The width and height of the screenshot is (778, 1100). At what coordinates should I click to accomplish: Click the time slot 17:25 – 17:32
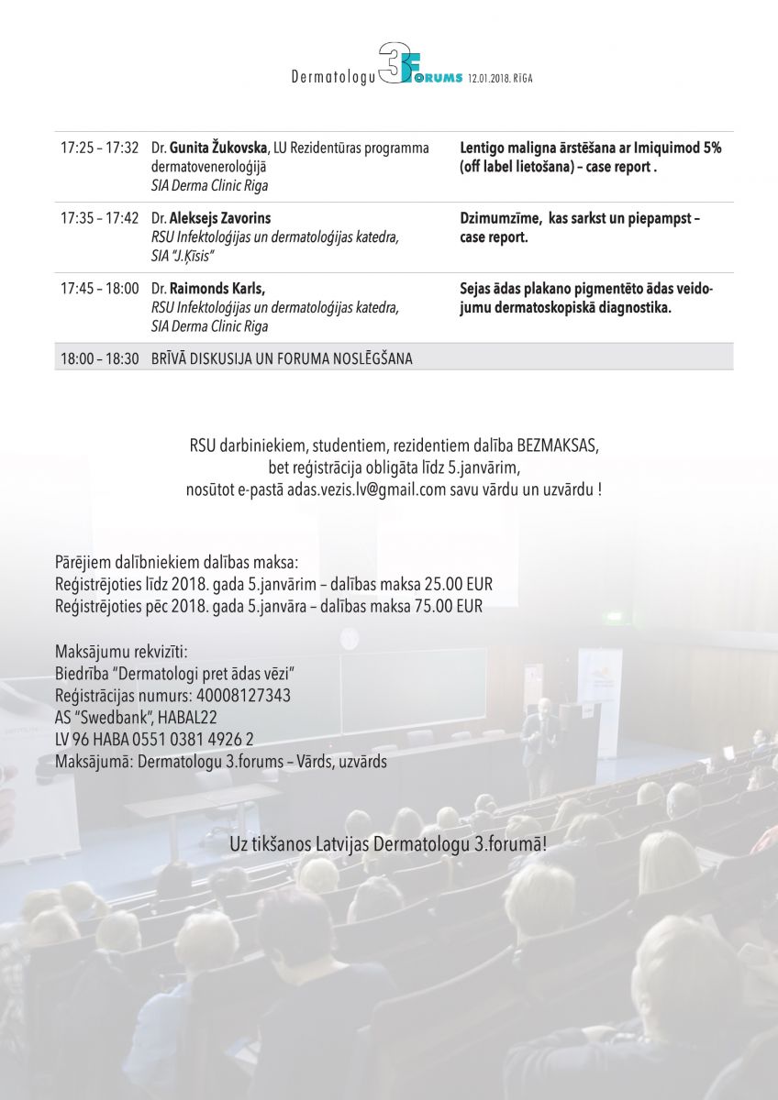[x=100, y=148]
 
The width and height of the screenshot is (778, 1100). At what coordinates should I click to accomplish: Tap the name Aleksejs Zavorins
[x=220, y=218]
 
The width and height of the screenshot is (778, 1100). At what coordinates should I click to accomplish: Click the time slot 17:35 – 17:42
[x=100, y=218]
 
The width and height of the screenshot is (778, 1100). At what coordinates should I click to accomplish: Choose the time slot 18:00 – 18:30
[x=100, y=358]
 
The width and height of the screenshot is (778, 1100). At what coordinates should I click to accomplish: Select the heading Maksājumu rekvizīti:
[x=121, y=653]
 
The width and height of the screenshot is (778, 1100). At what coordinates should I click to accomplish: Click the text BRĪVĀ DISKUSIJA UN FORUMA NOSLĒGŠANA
[x=282, y=358]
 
